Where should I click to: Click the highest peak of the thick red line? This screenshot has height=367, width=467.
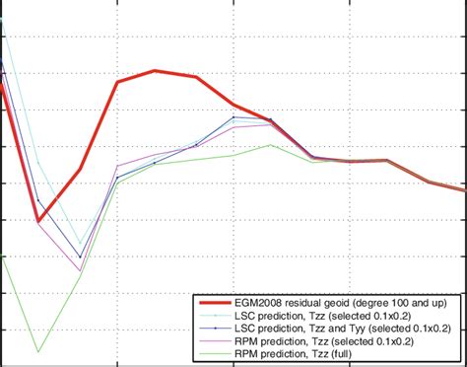click(156, 71)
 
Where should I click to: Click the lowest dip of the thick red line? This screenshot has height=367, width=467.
click(38, 220)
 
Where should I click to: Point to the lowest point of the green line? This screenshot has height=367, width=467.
click(38, 351)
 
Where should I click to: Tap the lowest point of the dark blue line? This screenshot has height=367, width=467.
click(80, 257)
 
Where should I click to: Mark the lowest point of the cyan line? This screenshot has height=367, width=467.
click(80, 243)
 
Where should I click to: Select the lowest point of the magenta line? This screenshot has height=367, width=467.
click(80, 271)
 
